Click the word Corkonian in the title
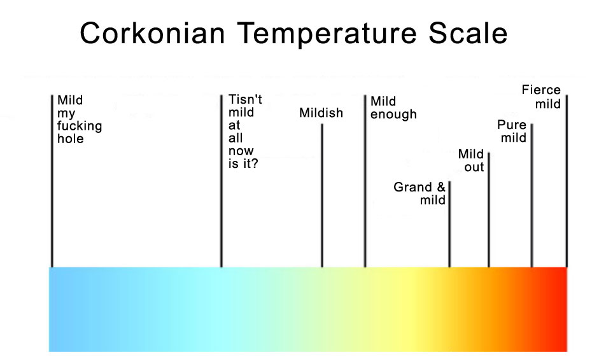pyautogui.click(x=152, y=33)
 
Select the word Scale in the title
pyautogui.click(x=468, y=33)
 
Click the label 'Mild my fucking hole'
pyautogui.click(x=79, y=120)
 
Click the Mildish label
pyautogui.click(x=321, y=113)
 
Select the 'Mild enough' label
pyautogui.click(x=393, y=107)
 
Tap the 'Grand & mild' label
pyautogui.click(x=419, y=193)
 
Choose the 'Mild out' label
pyautogui.click(x=471, y=160)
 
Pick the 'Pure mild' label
pyautogui.click(x=512, y=131)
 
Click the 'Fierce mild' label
pyautogui.click(x=541, y=97)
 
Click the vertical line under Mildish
pyautogui.click(x=322, y=195)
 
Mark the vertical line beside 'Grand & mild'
pyautogui.click(x=449, y=224)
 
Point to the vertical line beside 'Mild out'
pyautogui.click(x=488, y=210)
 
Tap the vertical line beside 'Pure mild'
pyautogui.click(x=532, y=195)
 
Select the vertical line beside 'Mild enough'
pyautogui.click(x=365, y=181)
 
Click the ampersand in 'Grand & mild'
pyautogui.click(x=441, y=187)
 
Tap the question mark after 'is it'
pyautogui.click(x=255, y=163)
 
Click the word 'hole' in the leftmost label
pyautogui.click(x=70, y=139)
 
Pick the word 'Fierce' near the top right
pyautogui.click(x=541, y=90)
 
